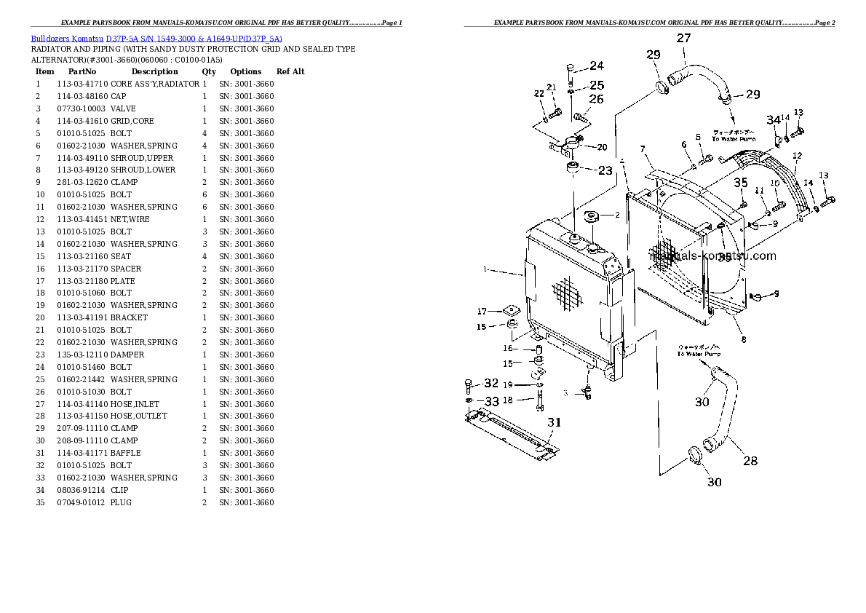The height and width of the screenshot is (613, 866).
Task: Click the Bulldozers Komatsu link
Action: (66, 38)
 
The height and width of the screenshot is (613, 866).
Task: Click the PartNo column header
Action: (82, 71)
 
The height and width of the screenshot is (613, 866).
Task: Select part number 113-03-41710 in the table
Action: (82, 84)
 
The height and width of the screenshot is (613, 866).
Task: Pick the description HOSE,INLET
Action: (135, 403)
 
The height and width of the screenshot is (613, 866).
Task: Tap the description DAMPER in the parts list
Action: (127, 355)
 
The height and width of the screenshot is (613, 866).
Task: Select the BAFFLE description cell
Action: (126, 453)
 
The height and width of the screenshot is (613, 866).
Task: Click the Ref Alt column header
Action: (290, 71)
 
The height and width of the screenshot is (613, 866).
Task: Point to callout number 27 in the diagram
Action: (684, 38)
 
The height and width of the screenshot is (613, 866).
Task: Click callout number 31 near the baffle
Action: (555, 422)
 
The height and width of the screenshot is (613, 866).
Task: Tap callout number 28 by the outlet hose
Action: (750, 460)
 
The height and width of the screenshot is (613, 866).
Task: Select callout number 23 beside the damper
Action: (605, 172)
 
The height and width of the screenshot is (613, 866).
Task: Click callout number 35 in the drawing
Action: (740, 182)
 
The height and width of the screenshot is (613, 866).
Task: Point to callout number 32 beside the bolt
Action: (492, 383)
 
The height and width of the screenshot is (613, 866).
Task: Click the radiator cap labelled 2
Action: (591, 217)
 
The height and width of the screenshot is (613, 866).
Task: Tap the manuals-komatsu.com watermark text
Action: (713, 256)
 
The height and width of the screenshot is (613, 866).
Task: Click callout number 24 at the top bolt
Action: (596, 66)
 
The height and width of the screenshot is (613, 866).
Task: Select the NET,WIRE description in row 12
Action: (130, 219)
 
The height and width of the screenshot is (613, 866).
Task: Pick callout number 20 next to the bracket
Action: (602, 147)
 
